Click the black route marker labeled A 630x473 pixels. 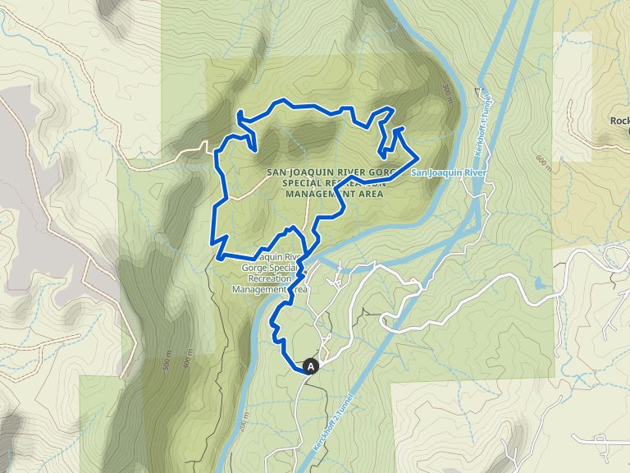311,366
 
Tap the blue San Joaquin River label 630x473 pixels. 449,173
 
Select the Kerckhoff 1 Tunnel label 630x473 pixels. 482,115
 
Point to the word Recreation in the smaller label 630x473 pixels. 264,278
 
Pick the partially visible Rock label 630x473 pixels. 619,121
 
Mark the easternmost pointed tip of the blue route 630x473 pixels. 418,155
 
